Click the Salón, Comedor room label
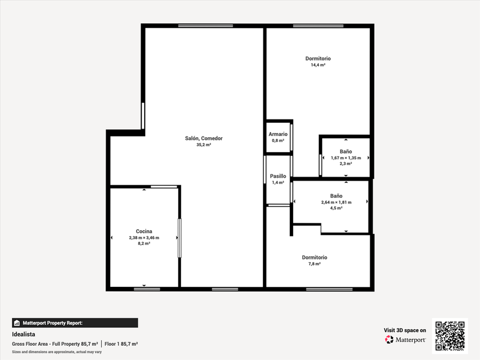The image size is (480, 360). [203, 138]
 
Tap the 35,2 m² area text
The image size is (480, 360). [203, 145]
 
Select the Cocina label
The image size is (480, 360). [144, 231]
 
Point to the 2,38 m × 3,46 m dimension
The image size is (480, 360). [144, 238]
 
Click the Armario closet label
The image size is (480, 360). [278, 134]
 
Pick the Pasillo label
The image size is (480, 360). [278, 176]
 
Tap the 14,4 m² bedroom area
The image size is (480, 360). [318, 65]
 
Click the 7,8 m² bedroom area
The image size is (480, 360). [314, 264]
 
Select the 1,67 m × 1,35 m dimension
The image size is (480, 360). [346, 158]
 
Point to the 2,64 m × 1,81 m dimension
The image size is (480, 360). [336, 202]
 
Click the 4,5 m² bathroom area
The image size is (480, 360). [336, 208]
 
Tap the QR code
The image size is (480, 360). [450, 336]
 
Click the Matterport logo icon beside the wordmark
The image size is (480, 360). [389, 339]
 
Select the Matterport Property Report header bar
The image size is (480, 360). [75, 323]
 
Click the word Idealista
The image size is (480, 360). [23, 334]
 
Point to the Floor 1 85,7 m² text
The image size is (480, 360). [121, 344]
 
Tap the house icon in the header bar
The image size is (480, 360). [17, 323]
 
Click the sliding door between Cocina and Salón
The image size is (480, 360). [179, 238]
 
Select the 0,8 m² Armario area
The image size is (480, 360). [278, 141]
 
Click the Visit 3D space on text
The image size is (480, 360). [405, 330]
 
